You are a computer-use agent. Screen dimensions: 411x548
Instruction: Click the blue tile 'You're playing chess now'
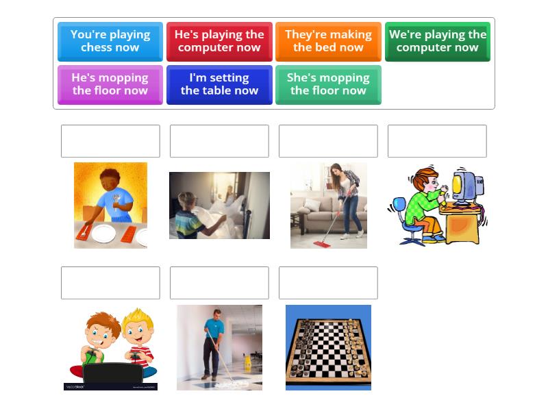110,41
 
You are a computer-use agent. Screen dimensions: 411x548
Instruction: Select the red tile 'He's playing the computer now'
219,41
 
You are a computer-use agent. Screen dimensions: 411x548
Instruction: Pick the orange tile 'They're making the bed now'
328,41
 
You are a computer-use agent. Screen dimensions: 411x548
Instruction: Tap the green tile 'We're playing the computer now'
437,41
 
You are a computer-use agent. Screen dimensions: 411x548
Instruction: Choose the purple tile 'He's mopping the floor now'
110,84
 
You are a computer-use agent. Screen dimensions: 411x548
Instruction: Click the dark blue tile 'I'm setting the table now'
219,84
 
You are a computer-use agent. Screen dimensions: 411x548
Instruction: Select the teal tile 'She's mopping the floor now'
328,84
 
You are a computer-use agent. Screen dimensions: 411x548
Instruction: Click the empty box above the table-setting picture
110,141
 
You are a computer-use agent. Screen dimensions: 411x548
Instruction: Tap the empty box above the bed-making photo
219,141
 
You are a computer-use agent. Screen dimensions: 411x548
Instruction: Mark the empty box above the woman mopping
328,141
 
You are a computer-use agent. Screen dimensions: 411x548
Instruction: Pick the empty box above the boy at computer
437,141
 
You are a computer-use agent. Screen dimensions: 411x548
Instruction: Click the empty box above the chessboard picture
328,283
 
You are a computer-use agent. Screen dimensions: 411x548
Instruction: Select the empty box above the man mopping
219,283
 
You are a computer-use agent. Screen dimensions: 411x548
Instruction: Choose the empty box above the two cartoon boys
110,283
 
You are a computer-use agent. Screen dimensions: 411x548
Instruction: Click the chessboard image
328,347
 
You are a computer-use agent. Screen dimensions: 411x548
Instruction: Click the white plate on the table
103,234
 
